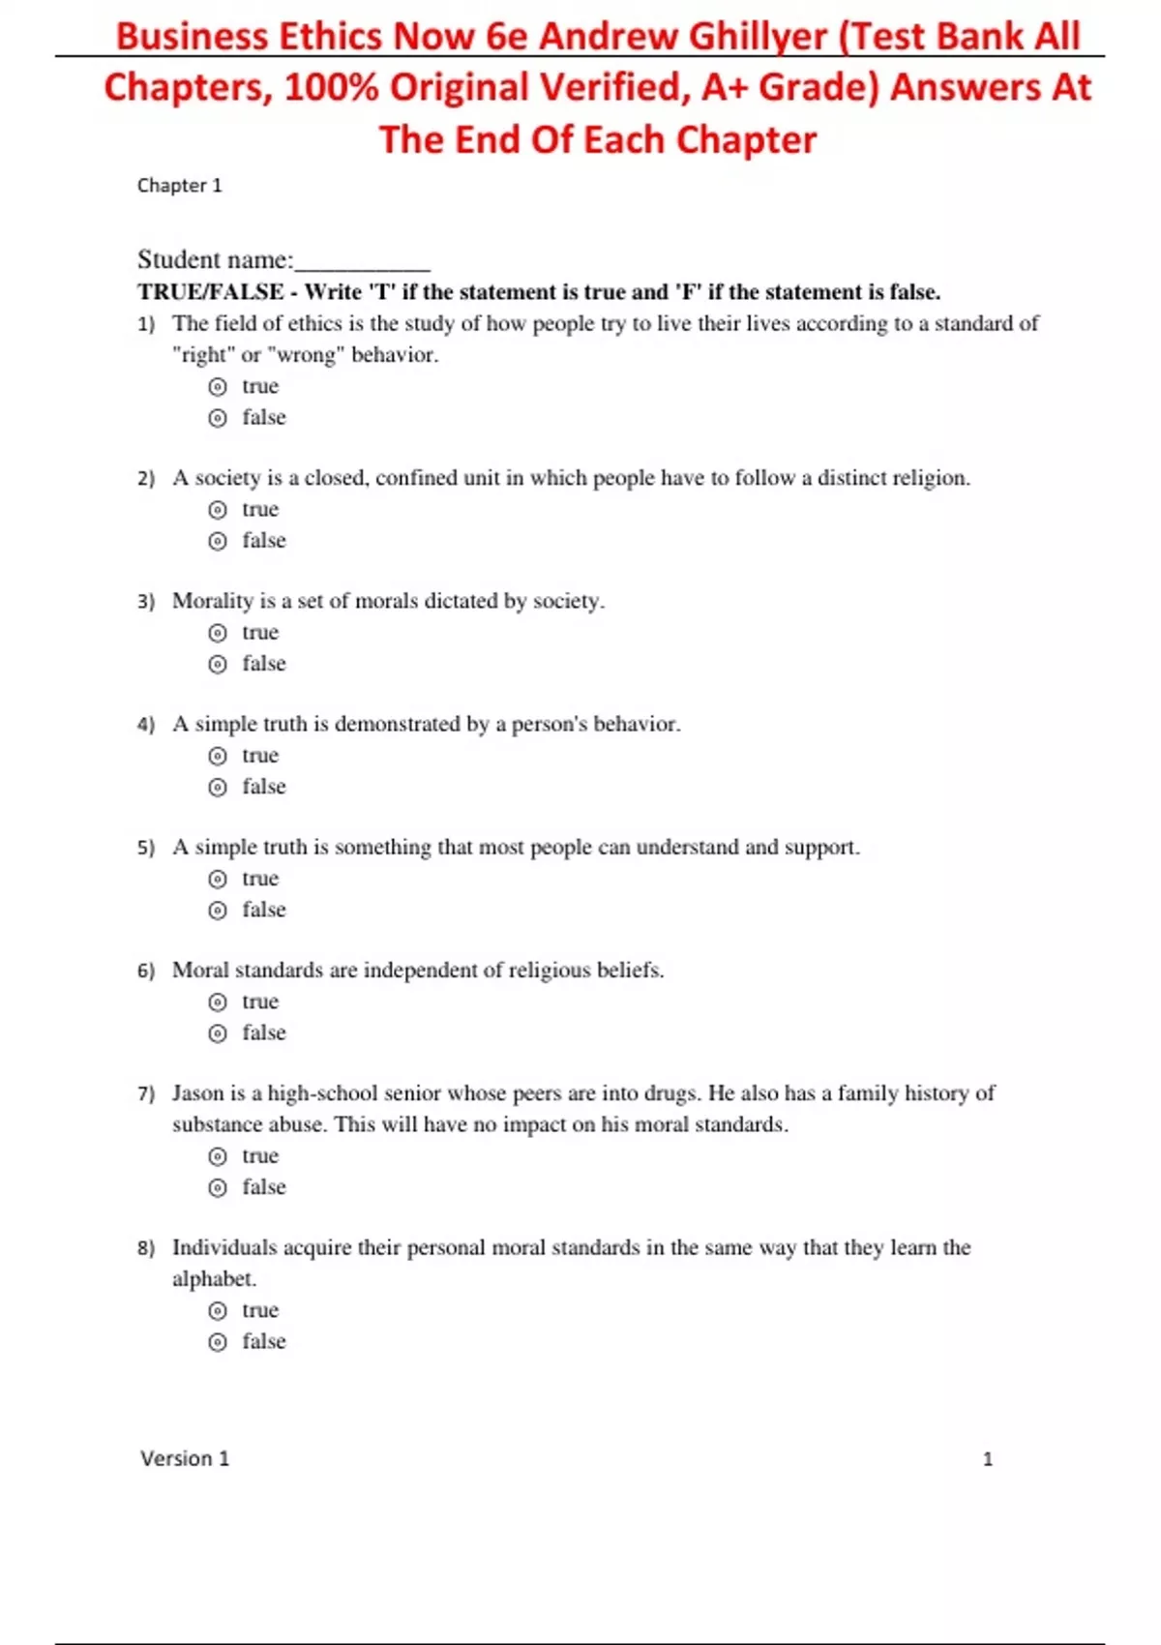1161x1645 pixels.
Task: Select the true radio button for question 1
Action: click(x=218, y=387)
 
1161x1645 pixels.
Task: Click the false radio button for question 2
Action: click(x=218, y=541)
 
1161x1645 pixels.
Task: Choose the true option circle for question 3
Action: click(x=218, y=633)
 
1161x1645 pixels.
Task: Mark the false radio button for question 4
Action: click(x=218, y=787)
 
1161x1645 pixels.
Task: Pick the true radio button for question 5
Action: click(x=218, y=879)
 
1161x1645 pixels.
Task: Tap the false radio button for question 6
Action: click(x=218, y=1033)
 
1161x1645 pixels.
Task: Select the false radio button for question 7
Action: click(x=218, y=1187)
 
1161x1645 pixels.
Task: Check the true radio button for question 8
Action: click(x=218, y=1311)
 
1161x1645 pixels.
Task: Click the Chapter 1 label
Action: click(x=180, y=186)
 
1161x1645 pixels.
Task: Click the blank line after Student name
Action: click(x=363, y=261)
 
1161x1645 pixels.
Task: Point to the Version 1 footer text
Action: click(x=185, y=1458)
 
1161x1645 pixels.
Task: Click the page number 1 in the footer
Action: click(x=988, y=1459)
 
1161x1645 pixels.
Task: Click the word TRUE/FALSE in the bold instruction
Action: click(x=211, y=292)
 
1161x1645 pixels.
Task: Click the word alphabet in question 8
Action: click(x=214, y=1279)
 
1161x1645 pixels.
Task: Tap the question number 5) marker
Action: click(x=146, y=848)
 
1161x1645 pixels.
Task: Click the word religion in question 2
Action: click(x=930, y=478)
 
